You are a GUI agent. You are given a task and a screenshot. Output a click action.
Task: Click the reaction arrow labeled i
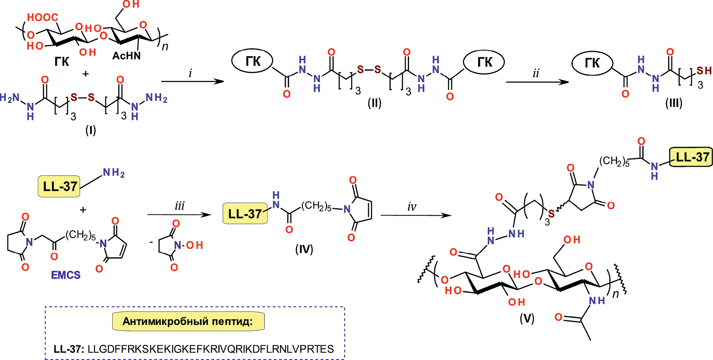192,81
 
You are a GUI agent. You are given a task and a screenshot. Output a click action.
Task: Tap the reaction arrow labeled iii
179,214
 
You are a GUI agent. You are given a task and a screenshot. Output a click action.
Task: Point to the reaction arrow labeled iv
415,215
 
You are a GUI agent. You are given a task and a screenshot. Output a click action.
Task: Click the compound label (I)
91,130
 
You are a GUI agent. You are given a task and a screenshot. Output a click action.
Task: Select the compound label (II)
374,103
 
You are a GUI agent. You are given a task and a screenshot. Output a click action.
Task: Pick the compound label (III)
674,103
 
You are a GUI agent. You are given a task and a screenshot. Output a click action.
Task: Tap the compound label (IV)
304,249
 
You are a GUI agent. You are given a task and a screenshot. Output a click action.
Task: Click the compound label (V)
527,318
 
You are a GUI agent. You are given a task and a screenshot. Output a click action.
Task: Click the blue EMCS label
66,275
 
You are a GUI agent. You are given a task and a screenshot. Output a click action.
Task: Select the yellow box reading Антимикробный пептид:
188,321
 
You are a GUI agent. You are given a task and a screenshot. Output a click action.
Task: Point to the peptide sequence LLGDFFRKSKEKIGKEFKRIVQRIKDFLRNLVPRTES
211,349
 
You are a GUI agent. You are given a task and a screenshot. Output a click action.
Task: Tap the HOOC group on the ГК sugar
43,17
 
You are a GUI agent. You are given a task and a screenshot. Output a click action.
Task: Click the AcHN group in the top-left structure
126,56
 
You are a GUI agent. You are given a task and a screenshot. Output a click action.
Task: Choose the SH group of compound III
704,71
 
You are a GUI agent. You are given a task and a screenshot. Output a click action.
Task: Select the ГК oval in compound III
592,63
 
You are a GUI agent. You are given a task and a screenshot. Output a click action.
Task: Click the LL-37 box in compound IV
245,214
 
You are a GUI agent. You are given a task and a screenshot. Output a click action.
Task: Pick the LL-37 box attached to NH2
59,186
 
